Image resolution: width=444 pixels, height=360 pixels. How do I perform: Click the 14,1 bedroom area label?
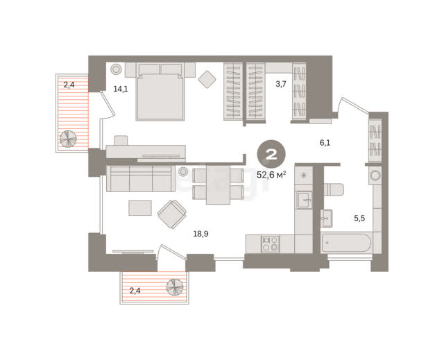121,89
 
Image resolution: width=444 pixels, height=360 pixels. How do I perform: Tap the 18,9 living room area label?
200,234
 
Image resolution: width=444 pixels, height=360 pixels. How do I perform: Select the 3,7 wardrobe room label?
281,84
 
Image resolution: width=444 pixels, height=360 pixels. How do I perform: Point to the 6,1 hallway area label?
325,143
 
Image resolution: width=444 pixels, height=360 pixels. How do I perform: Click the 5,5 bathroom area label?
359,218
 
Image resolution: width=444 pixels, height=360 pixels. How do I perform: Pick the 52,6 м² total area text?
271,175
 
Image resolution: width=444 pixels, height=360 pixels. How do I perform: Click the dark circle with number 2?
271,154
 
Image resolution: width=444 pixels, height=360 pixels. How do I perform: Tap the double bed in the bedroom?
160,92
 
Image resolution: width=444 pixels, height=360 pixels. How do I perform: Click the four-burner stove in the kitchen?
270,243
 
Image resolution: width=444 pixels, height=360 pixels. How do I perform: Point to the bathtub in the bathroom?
346,243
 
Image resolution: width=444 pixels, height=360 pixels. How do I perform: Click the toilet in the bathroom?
334,189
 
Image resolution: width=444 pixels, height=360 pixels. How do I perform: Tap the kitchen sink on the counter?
304,200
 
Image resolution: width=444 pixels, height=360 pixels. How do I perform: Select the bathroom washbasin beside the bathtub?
327,218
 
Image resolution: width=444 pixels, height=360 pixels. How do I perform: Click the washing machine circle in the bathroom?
375,175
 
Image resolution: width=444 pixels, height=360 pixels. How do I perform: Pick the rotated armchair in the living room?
172,214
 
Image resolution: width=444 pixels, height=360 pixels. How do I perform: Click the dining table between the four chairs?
218,185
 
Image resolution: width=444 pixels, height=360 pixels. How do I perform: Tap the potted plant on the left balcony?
68,139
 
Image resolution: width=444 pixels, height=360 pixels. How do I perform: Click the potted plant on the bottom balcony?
175,287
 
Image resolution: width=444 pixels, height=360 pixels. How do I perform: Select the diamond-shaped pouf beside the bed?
207,79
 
